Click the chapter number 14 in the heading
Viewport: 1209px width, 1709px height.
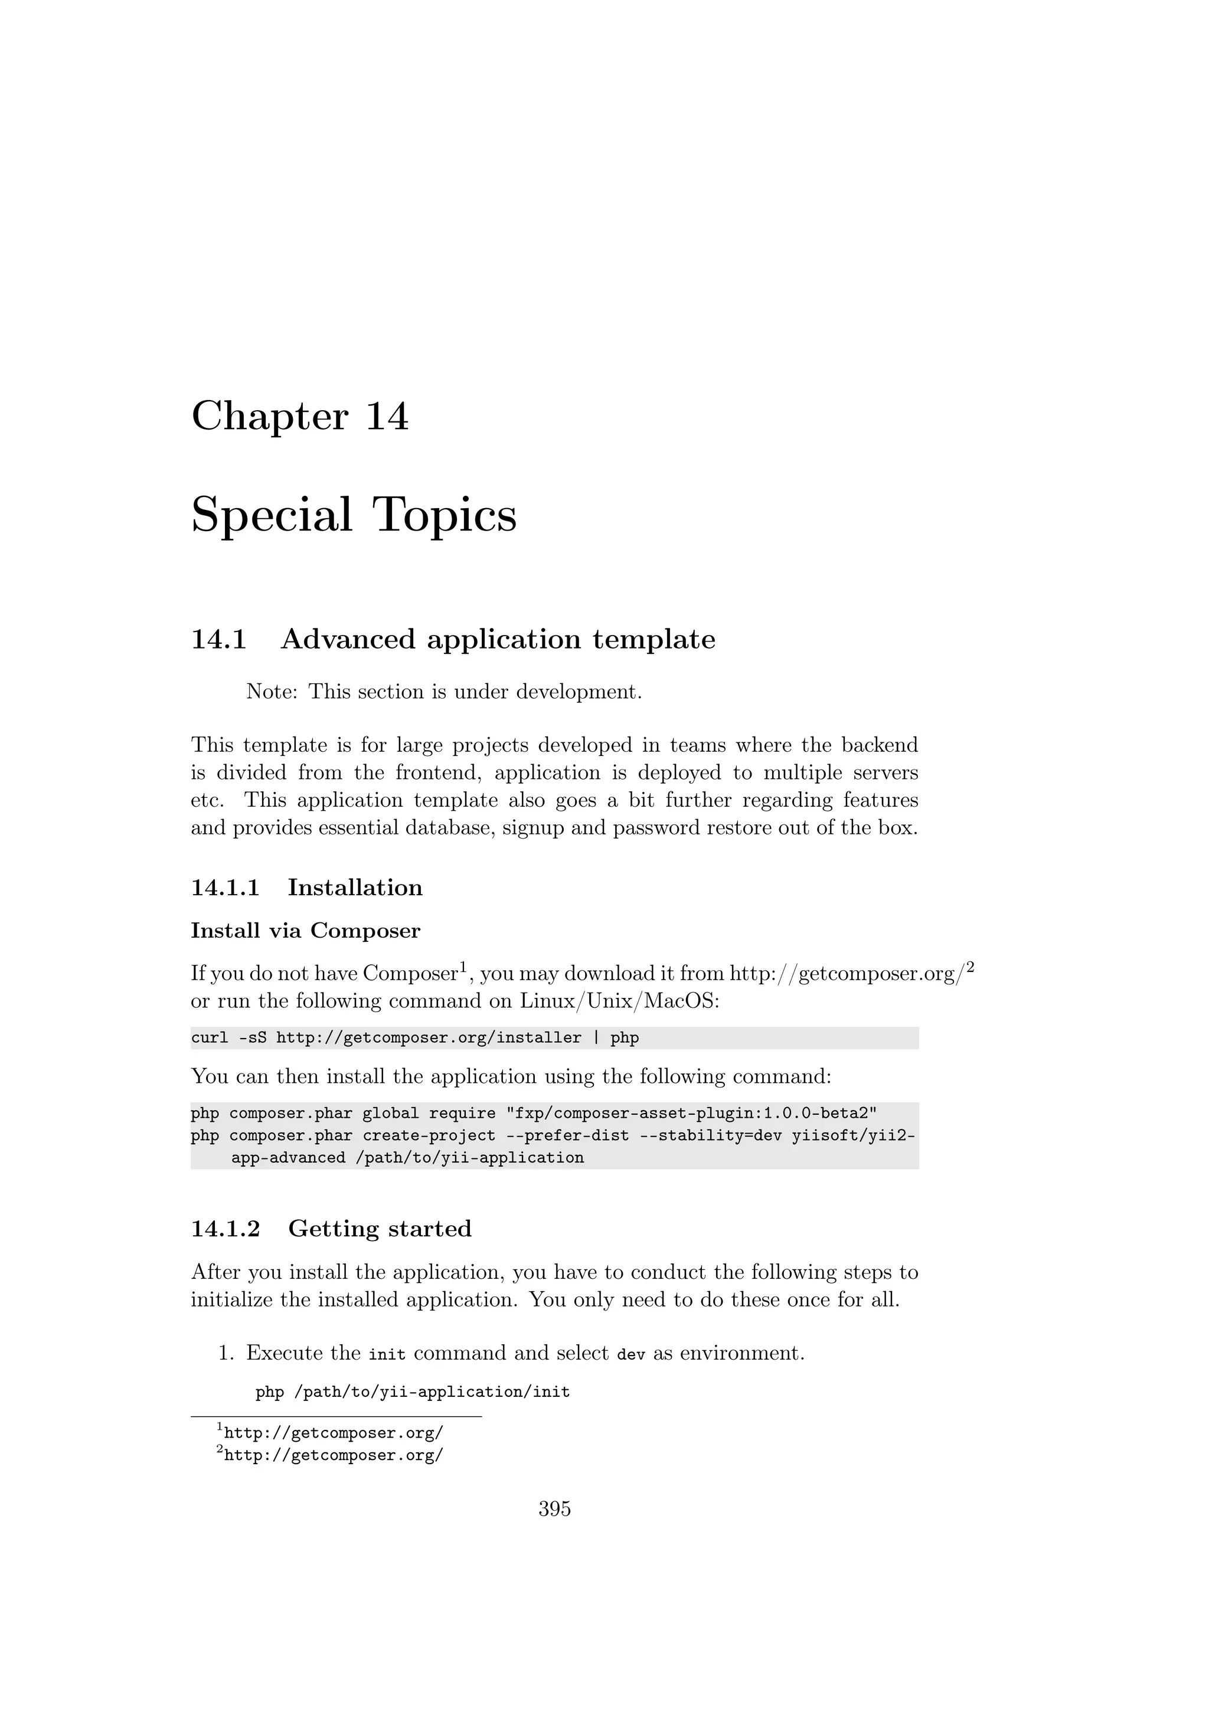pos(387,416)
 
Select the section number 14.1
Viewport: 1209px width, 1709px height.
pos(219,639)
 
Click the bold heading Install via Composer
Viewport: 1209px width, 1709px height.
pos(305,931)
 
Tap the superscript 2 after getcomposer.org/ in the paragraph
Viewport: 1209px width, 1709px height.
pos(970,968)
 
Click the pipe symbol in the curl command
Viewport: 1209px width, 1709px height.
pos(596,1037)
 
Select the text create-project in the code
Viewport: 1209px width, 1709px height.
pos(429,1135)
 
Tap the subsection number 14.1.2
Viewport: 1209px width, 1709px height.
pos(226,1228)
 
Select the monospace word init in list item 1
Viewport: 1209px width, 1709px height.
pos(387,1354)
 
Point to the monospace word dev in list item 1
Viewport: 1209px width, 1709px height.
pos(630,1354)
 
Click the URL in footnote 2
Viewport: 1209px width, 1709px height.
pos(334,1455)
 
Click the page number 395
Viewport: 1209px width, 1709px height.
pos(555,1509)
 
